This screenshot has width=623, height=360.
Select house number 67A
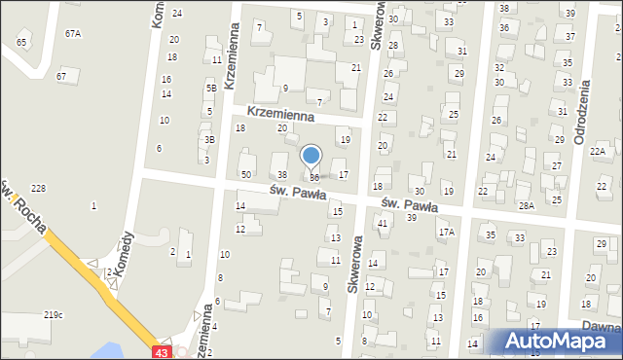click(73, 33)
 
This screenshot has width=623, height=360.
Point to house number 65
click(21, 43)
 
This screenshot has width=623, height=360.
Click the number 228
click(39, 188)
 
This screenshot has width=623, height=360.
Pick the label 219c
click(53, 314)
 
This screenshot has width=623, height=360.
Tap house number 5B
click(210, 88)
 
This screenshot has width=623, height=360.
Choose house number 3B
click(208, 139)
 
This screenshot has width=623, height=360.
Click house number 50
click(246, 173)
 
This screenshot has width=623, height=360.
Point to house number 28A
click(527, 205)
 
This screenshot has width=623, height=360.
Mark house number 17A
click(447, 232)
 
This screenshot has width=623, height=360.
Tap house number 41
click(383, 223)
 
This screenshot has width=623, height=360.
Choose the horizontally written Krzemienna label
click(280, 114)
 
